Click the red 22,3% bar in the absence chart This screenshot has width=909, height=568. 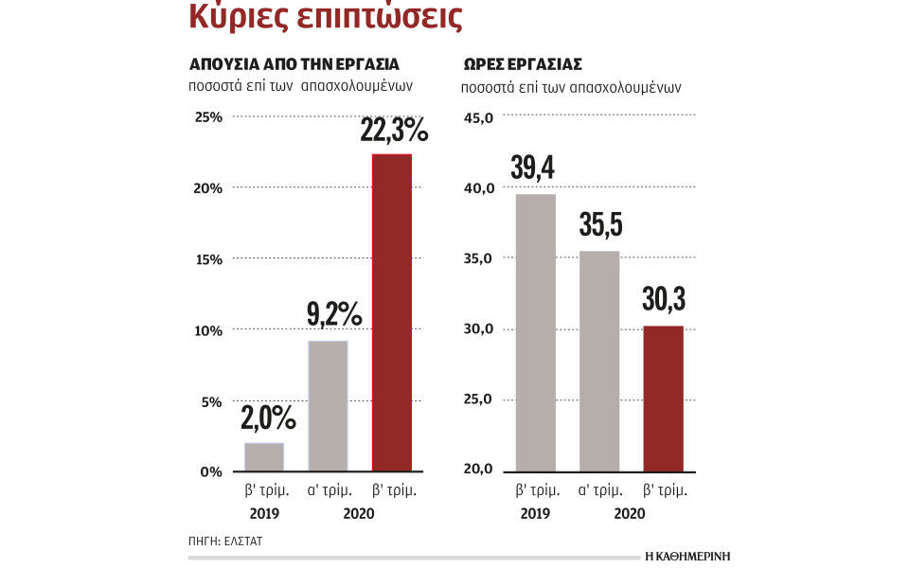[392, 312]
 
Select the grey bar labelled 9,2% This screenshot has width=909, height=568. [329, 405]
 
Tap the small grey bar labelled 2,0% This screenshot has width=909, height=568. [264, 456]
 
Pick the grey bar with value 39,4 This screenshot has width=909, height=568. [535, 332]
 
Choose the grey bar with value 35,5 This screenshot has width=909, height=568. [599, 361]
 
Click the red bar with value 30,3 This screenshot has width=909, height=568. [663, 399]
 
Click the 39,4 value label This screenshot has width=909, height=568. [533, 168]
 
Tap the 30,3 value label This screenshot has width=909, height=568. [664, 299]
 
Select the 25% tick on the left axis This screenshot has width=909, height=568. [208, 117]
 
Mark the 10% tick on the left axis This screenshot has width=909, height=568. [208, 330]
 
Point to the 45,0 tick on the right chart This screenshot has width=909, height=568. [478, 117]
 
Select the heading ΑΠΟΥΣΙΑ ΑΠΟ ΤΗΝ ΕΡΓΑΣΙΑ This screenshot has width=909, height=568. [294, 64]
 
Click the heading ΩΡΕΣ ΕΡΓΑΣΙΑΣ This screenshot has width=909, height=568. [522, 64]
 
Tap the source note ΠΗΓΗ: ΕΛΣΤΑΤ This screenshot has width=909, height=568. [225, 541]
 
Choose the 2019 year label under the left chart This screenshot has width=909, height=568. [264, 513]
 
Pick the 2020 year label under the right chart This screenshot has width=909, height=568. [630, 513]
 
